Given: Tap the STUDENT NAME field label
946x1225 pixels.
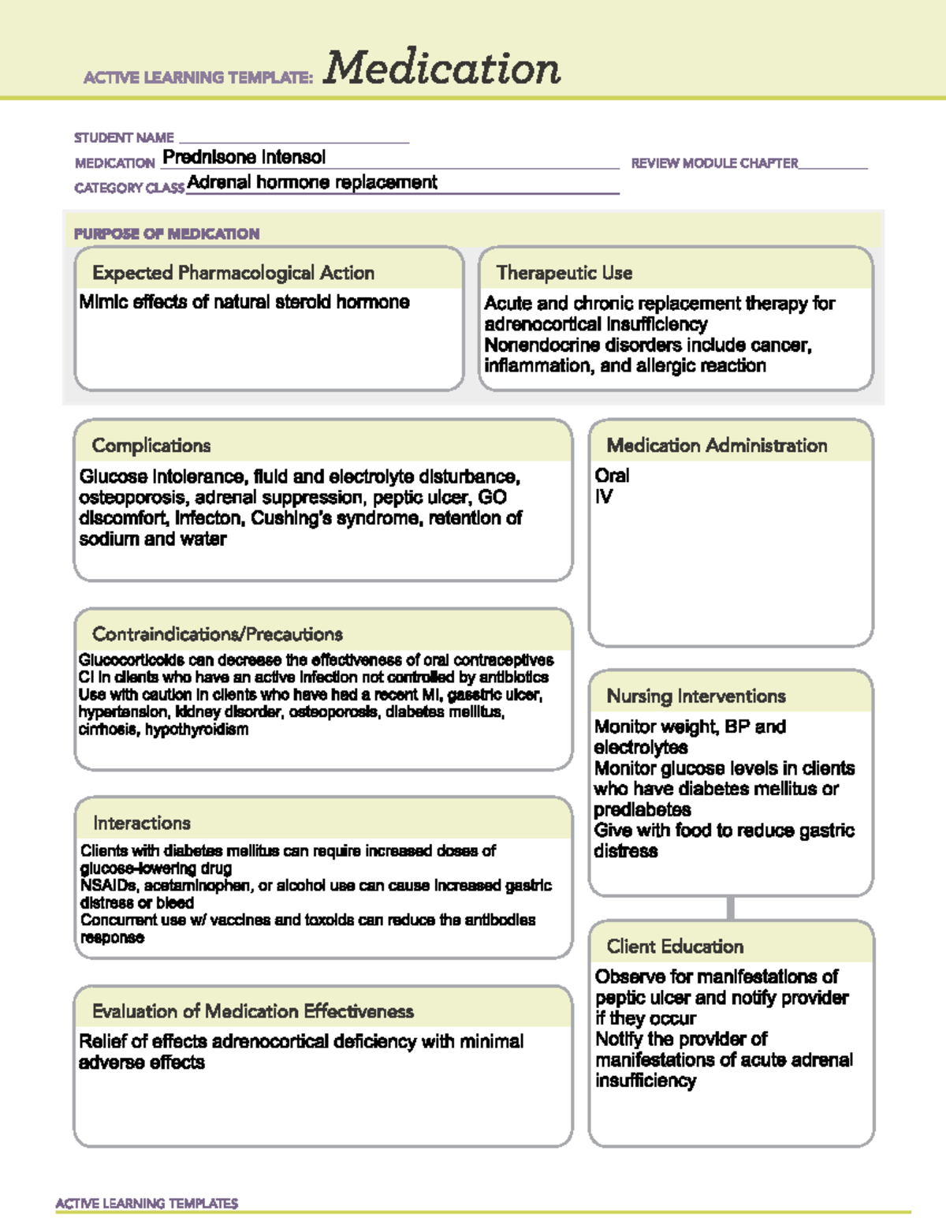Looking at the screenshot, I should tap(124, 137).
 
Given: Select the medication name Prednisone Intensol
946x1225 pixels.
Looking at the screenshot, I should tap(244, 157).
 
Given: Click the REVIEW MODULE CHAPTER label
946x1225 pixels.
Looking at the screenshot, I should tap(714, 163).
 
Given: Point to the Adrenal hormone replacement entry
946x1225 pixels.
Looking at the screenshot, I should tap(312, 182).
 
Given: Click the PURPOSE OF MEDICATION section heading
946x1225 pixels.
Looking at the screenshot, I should tap(166, 233).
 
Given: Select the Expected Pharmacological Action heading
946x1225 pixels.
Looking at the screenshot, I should tap(233, 273).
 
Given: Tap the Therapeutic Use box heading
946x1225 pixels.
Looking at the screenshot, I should tap(564, 273).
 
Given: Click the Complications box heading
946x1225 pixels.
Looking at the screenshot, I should tap(151, 446).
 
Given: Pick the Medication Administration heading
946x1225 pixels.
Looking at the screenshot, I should tap(717, 446).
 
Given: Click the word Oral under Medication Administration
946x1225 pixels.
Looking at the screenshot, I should tap(612, 476).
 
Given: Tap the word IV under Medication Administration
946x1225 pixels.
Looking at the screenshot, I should tap(604, 497).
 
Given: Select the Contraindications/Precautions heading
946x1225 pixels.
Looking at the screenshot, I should tap(218, 634).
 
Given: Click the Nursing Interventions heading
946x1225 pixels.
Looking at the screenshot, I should tap(696, 697).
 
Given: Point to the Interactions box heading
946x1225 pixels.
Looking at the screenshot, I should tap(142, 823).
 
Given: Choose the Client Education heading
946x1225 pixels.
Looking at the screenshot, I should tap(675, 947).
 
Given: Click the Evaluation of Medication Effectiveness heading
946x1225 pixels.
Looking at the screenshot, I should tap(253, 1011).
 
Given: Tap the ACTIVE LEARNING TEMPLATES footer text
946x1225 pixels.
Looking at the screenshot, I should tap(147, 1203).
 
